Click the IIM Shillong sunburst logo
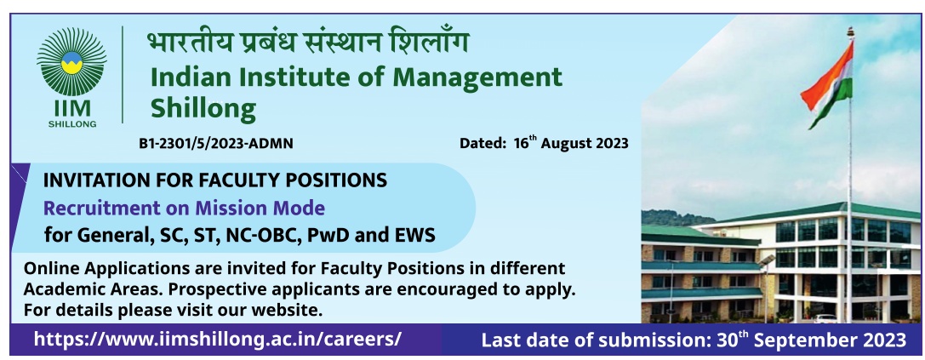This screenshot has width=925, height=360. (71, 61)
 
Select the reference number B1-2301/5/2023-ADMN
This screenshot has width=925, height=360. (216, 144)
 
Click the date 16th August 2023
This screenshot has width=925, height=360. (571, 143)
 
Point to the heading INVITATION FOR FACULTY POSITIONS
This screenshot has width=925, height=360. (214, 180)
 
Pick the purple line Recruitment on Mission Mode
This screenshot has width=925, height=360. (184, 208)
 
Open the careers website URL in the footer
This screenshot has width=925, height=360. (218, 339)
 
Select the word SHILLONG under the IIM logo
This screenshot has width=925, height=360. (72, 124)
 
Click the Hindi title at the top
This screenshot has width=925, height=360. (308, 43)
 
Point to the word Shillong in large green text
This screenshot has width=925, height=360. (203, 109)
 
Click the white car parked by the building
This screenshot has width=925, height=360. (825, 318)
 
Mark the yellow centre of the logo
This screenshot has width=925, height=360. (71, 63)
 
